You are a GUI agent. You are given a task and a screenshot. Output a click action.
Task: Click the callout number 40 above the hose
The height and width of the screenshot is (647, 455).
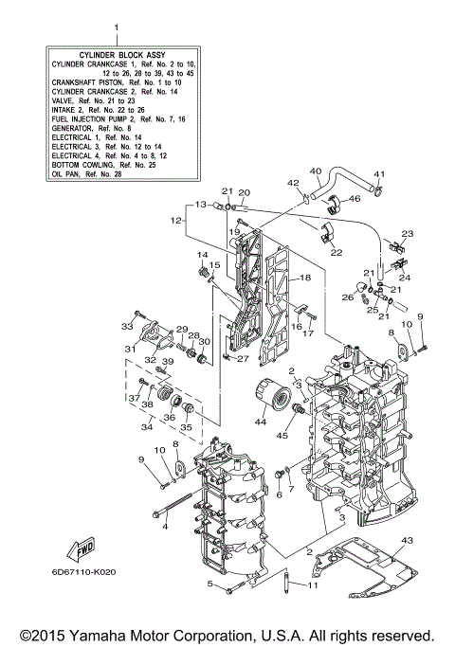[x=316, y=171]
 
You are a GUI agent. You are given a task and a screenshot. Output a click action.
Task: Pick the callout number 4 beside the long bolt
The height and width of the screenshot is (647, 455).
[x=165, y=526]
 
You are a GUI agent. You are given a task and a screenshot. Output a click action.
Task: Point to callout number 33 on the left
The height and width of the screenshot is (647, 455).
[x=126, y=327]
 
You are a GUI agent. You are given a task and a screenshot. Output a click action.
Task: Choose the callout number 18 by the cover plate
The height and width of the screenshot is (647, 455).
[x=305, y=278]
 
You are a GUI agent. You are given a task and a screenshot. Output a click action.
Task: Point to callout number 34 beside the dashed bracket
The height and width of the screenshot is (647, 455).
[x=146, y=427]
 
